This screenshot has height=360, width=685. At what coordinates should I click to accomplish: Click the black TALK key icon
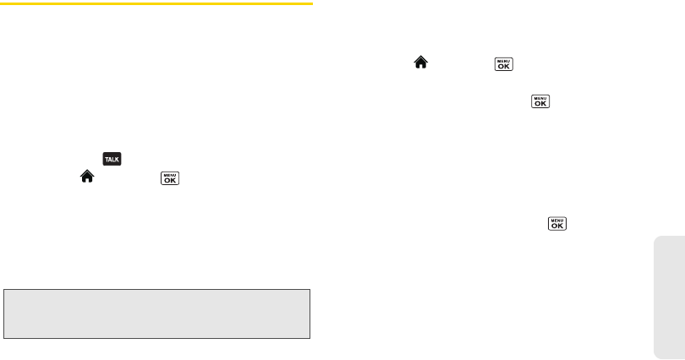point(111,158)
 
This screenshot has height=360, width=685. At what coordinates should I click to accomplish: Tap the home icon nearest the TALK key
point(85,177)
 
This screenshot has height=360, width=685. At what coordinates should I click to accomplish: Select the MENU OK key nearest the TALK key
point(170,177)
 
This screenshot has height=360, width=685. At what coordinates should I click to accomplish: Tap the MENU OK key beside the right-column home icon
point(502,63)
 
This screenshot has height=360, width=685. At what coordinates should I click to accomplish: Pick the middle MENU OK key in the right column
point(540,101)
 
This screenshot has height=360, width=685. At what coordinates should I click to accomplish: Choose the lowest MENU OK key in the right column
point(556,224)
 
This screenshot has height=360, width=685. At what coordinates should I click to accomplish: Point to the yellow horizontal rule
point(157,3)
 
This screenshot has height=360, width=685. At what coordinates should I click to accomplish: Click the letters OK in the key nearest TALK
point(170,180)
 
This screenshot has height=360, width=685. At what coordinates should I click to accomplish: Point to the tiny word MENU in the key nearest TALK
point(170,172)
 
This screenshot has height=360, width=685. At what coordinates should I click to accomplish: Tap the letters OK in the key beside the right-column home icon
point(502,67)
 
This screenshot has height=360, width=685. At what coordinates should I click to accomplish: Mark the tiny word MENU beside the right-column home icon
point(502,59)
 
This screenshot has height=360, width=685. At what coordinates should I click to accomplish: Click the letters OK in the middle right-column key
point(540,105)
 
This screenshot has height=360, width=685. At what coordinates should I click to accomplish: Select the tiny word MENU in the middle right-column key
point(540,97)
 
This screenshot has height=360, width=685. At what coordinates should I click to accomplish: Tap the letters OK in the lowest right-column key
point(556,227)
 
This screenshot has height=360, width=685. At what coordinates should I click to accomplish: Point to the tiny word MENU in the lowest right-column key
point(556,220)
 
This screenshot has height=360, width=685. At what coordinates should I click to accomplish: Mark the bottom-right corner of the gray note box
point(311,337)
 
